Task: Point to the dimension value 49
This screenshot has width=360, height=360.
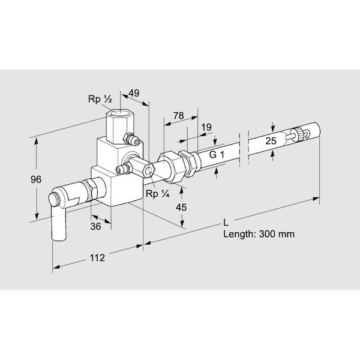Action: [x=134, y=93]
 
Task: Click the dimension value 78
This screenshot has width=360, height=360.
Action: [x=178, y=116]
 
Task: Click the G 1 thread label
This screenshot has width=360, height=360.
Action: [x=218, y=154]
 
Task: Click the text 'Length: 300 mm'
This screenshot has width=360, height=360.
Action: [x=259, y=234]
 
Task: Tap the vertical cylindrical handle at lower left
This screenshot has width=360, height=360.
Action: [x=59, y=223]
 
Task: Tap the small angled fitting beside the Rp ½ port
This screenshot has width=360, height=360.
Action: [x=134, y=140]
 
